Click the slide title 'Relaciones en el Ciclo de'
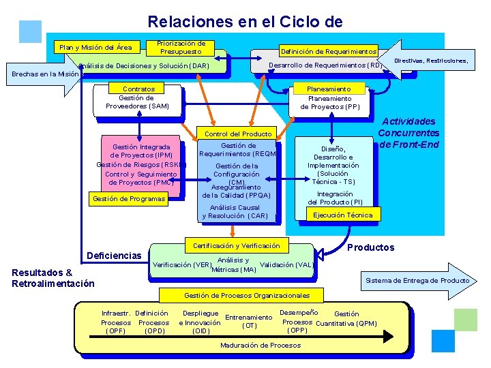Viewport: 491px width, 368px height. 245,22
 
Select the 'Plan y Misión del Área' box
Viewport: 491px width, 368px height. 96,47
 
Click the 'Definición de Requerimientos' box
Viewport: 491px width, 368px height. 328,52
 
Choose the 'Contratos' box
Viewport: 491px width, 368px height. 138,89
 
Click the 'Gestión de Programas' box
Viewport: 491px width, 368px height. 129,199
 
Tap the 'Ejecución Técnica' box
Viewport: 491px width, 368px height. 343,215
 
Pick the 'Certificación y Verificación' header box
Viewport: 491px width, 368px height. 237,245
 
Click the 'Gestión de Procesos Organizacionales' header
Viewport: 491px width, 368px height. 247,296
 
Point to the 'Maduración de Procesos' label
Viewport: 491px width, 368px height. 261,346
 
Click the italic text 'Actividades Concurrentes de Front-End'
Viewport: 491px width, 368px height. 408,133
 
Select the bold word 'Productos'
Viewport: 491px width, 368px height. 371,247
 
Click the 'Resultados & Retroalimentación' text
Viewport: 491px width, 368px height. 53,278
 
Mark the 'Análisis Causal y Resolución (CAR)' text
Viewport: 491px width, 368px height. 235,212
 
